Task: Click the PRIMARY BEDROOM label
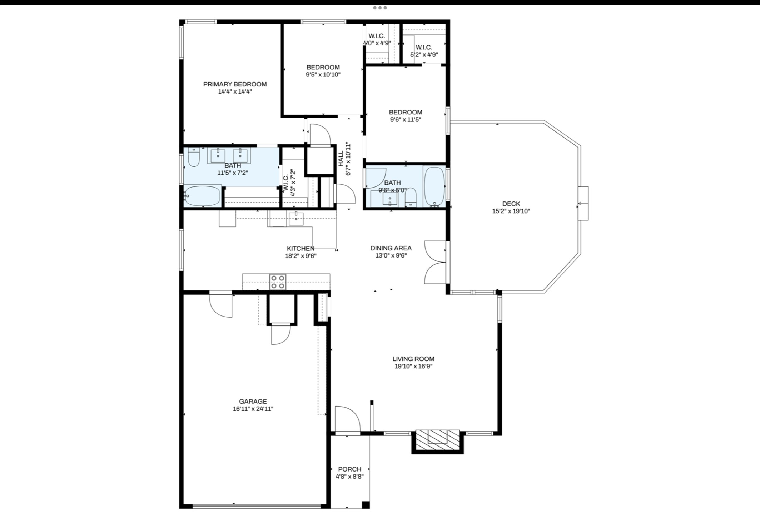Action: [235, 84]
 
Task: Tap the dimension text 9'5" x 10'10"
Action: [323, 75]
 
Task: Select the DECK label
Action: [511, 204]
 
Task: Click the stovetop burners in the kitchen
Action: [278, 282]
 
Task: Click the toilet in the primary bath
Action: [193, 158]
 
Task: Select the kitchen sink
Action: [296, 218]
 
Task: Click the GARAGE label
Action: [253, 401]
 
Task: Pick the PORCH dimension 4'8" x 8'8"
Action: [349, 476]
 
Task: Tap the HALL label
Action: [341, 159]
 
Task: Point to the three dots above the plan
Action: [379, 8]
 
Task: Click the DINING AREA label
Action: [391, 248]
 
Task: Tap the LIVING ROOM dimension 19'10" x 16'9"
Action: [413, 366]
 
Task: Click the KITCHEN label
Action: [300, 248]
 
